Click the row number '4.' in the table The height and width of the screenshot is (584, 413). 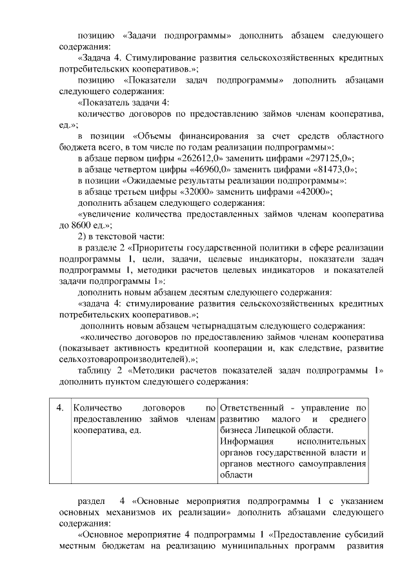pos(59,408)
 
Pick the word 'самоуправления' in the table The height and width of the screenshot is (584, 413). pos(332,464)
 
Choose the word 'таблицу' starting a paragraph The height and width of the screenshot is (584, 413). pos(94,370)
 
